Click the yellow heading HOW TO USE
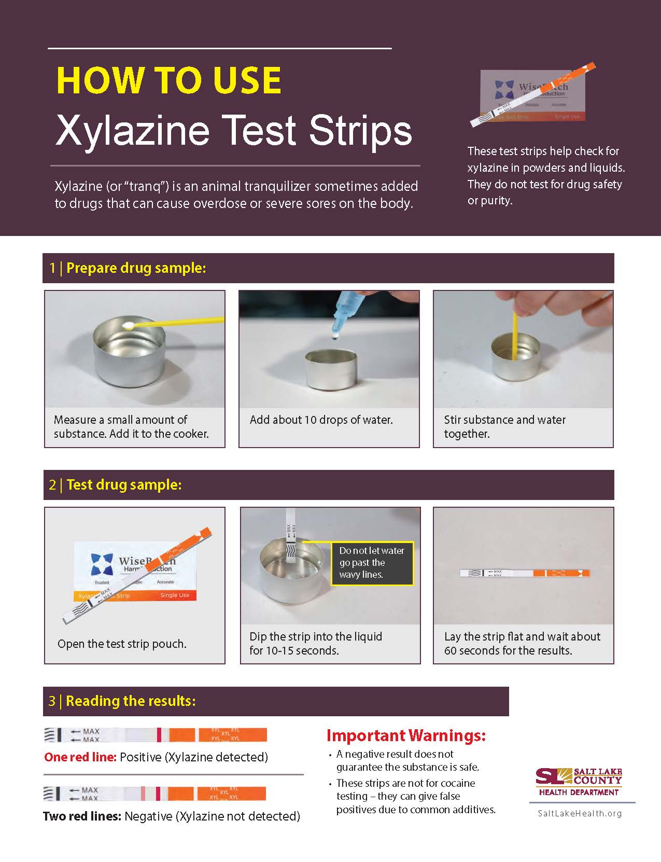(168, 81)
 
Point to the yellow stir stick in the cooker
(515, 332)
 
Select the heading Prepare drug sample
(136, 268)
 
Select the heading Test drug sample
(123, 485)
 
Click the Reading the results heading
(130, 701)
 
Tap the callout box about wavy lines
(372, 563)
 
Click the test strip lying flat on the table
(524, 573)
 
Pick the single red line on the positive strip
(159, 735)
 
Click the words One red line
(80, 757)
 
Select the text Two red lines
(82, 816)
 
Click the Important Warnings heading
(406, 735)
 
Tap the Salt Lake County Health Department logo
(579, 782)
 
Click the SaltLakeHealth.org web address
(580, 813)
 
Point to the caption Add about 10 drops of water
(321, 420)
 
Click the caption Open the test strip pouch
(122, 644)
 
